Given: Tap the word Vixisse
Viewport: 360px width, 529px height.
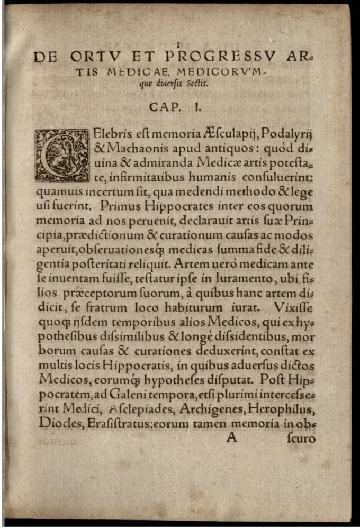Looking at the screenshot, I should (294, 306).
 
